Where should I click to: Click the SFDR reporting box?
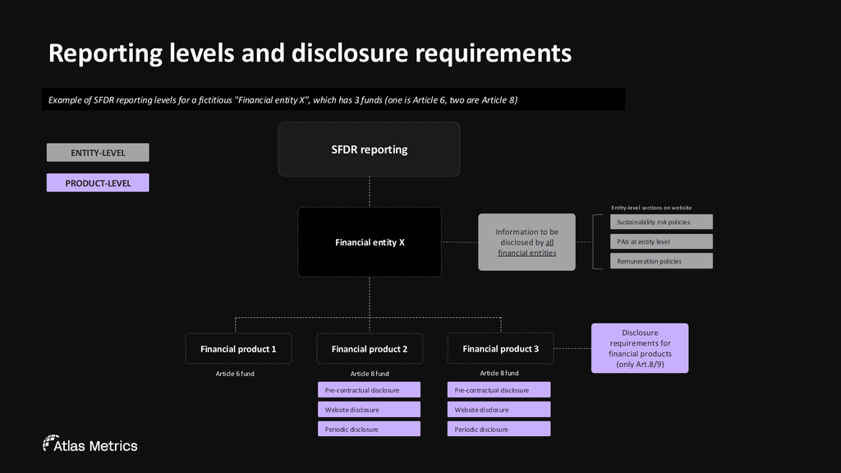coord(369,149)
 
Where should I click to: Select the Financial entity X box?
coord(369,242)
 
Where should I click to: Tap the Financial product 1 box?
coord(238,349)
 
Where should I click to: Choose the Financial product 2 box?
coord(370,349)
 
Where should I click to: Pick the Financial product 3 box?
coord(500,349)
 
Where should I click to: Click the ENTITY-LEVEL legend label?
coord(98,153)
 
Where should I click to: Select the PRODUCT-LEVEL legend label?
coord(98,183)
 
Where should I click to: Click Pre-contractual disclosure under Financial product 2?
coord(369,390)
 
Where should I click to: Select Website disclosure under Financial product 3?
coord(499,409)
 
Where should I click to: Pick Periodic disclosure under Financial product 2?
coord(369,429)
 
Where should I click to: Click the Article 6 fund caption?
coord(235,374)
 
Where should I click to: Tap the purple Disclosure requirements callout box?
coord(640,348)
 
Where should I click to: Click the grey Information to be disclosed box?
coord(526,242)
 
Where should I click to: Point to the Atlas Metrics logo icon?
coord(49,443)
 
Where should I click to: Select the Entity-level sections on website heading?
coord(651,208)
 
